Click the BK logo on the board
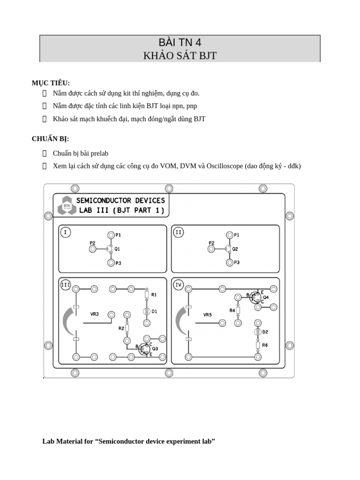click(x=65, y=205)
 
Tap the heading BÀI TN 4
click(x=180, y=43)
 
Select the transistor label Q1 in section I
click(x=117, y=249)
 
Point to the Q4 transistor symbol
click(x=256, y=297)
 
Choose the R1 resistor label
click(x=154, y=294)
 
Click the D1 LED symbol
click(x=146, y=311)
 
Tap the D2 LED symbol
click(x=257, y=332)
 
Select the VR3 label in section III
click(x=95, y=314)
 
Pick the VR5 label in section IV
click(x=208, y=315)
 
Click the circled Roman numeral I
click(x=66, y=232)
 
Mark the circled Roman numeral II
click(x=179, y=232)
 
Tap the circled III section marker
click(x=66, y=285)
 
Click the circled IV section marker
click(x=179, y=285)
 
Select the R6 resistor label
click(x=265, y=345)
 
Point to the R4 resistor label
click(x=232, y=310)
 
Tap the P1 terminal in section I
click(x=111, y=235)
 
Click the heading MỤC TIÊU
click(x=51, y=83)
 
